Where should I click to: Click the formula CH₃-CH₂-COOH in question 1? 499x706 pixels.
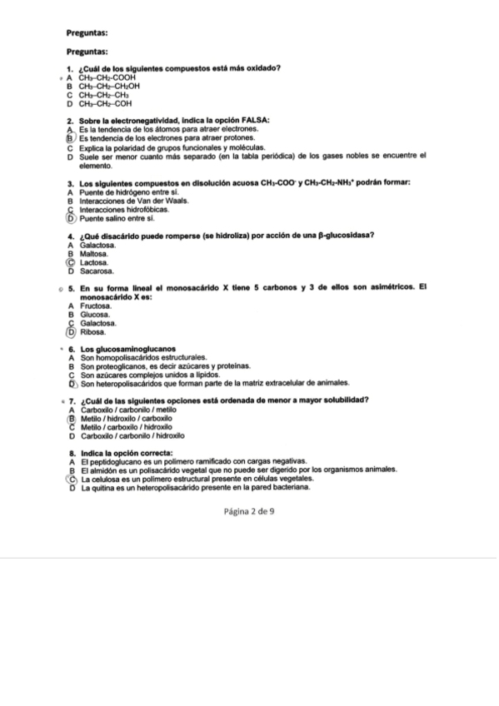107,77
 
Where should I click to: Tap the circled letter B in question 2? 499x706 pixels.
72,138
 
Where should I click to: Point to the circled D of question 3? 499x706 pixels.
72,217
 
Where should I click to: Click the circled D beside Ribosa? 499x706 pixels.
72,331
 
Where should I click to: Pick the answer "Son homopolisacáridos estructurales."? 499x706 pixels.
137,358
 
